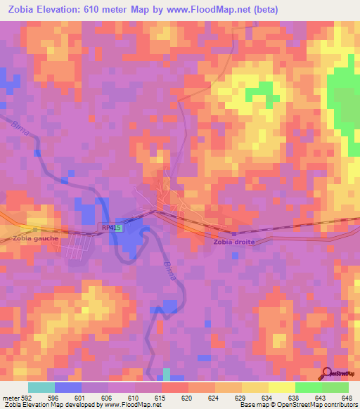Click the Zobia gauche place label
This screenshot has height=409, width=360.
coord(35,238)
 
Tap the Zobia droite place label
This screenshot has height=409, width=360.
coord(235,242)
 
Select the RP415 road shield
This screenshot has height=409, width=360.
coord(111,228)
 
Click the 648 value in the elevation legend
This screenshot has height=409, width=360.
coord(346,397)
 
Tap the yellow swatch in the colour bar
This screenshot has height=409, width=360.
coord(281,387)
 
